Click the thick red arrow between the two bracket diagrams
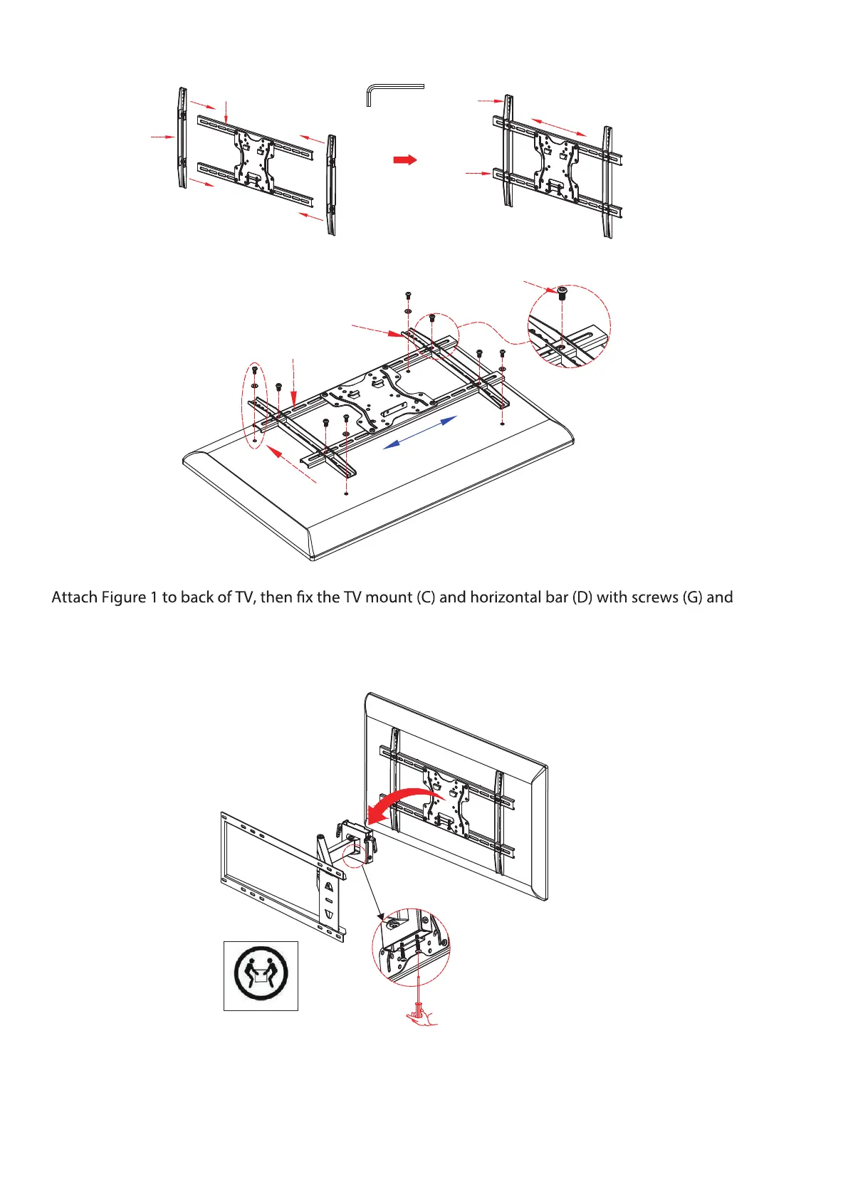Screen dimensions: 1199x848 404,160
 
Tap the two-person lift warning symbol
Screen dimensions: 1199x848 261,975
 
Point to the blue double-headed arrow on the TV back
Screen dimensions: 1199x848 420,432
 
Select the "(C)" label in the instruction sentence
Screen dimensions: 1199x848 424,597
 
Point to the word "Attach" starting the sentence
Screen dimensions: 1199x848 74,597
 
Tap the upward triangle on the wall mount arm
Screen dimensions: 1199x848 328,886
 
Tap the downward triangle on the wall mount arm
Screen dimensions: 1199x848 328,913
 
